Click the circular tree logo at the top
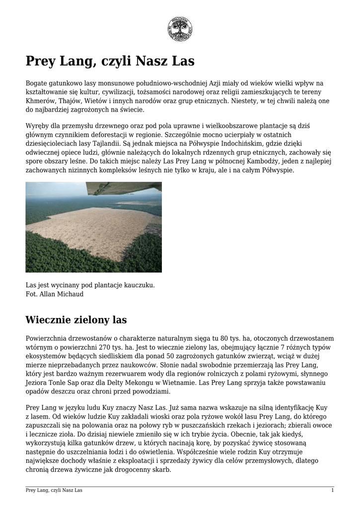180,29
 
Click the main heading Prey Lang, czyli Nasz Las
110,62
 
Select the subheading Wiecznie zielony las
76,319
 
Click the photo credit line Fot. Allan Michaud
55,294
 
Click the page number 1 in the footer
332,491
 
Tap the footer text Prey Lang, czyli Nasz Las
54,491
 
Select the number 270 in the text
127,347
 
